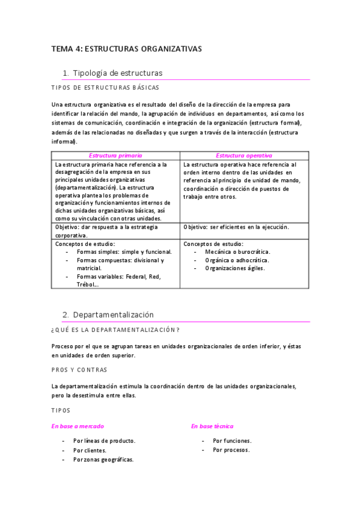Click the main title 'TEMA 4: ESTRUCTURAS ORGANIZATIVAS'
click(127, 49)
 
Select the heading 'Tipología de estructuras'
click(117, 73)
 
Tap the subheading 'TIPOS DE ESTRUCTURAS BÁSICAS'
click(105, 88)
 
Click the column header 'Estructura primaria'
click(115, 155)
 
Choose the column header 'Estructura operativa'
click(244, 155)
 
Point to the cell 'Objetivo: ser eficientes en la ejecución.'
click(236, 227)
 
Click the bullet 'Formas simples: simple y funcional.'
click(124, 252)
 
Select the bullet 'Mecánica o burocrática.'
click(237, 252)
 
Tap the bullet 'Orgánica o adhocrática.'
click(237, 260)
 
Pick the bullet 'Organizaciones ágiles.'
click(234, 268)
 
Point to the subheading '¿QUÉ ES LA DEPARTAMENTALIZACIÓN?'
click(115, 330)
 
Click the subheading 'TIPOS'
click(61, 410)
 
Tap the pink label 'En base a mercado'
click(78, 426)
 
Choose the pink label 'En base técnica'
click(212, 426)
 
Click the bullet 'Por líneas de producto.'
click(104, 441)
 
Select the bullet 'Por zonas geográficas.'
click(103, 459)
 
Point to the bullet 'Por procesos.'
click(231, 450)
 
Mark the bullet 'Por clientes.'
click(90, 450)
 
